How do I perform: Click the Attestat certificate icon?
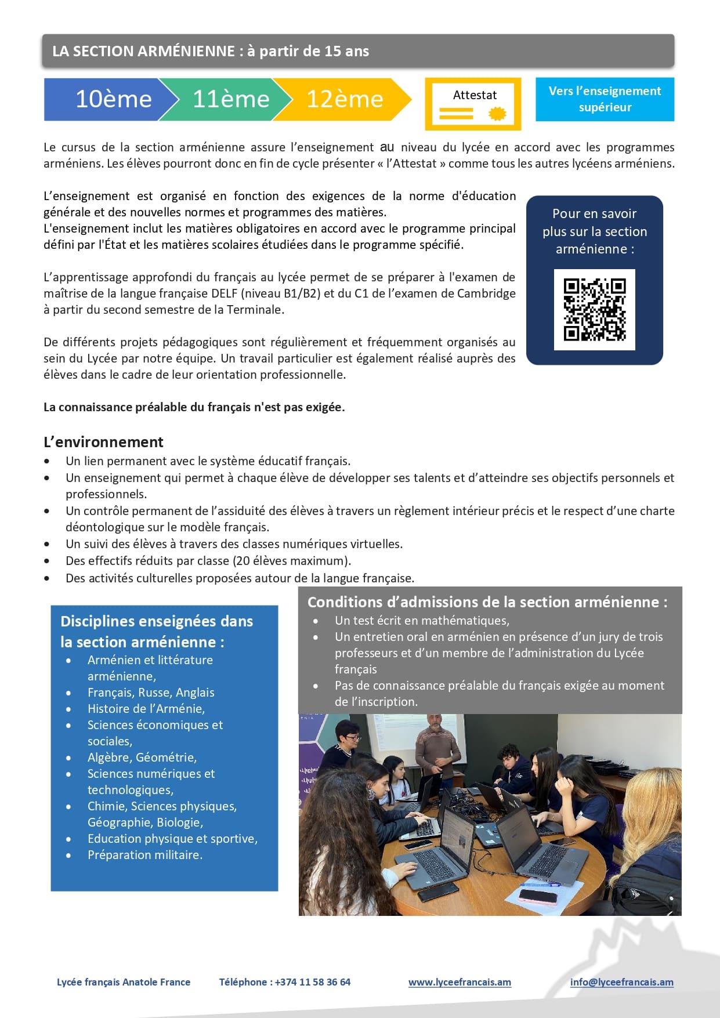pyautogui.click(x=473, y=104)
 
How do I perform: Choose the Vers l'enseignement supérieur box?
pyautogui.click(x=605, y=99)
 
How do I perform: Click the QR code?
pyautogui.click(x=594, y=310)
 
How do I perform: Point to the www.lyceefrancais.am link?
pyautogui.click(x=460, y=982)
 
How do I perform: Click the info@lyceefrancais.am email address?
pyautogui.click(x=621, y=982)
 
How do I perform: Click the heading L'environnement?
pyautogui.click(x=103, y=442)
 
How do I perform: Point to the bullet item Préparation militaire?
pyautogui.click(x=144, y=855)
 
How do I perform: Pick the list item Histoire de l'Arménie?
pyautogui.click(x=146, y=709)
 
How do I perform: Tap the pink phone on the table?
pyautogui.click(x=537, y=897)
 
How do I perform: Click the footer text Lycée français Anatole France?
pyautogui.click(x=124, y=982)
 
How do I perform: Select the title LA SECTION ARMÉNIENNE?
pyautogui.click(x=143, y=51)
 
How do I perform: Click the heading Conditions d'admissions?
pyautogui.click(x=487, y=602)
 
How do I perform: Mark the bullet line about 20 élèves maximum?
pyautogui.click(x=208, y=561)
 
